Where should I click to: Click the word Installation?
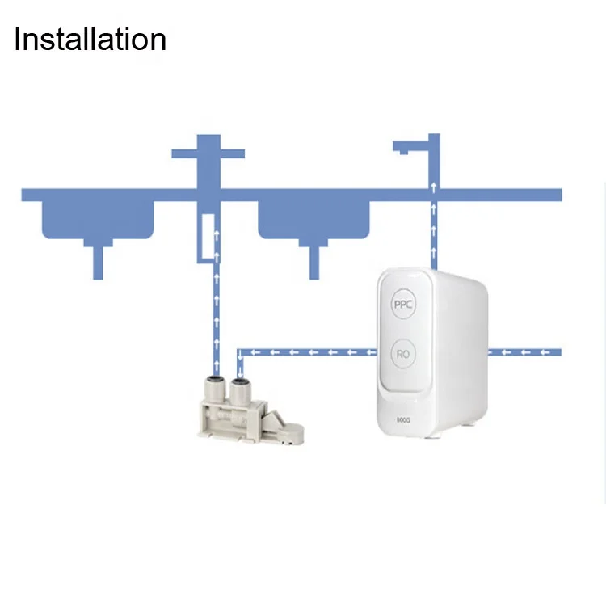90,39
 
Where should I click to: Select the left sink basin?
97,220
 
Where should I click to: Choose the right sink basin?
314,220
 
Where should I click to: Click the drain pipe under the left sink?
98,262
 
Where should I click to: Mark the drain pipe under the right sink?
314,262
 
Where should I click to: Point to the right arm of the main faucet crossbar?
233,154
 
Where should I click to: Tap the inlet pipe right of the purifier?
525,351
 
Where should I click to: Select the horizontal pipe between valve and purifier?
307,351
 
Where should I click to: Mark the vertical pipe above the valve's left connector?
216,315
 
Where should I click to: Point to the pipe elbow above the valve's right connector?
239,353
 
